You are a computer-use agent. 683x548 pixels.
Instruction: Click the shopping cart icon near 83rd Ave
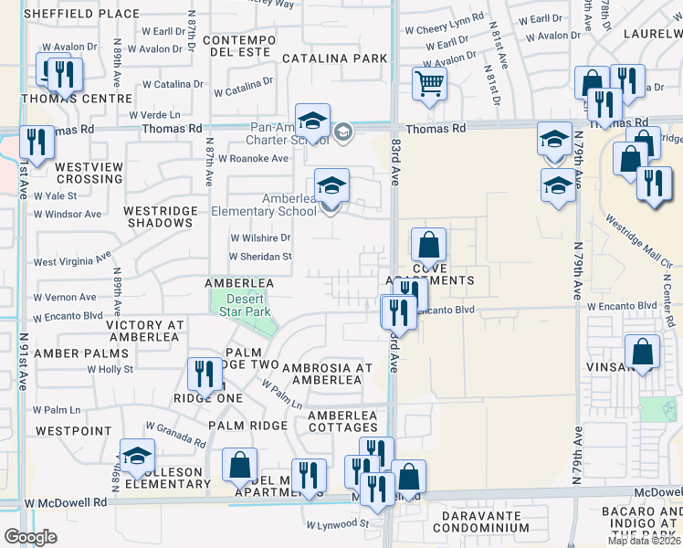428,84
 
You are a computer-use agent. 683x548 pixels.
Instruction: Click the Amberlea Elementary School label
262,205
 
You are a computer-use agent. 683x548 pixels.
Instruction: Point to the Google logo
30,537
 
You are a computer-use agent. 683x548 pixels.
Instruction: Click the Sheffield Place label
82,14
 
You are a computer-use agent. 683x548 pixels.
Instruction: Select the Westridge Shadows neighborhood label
161,216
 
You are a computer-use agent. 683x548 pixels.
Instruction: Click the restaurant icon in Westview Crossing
37,142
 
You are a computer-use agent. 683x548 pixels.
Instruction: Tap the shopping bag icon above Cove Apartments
428,246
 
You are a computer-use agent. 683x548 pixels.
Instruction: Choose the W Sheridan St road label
261,258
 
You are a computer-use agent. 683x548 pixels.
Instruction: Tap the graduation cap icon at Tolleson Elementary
137,456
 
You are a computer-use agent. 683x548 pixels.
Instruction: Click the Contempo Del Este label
239,47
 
